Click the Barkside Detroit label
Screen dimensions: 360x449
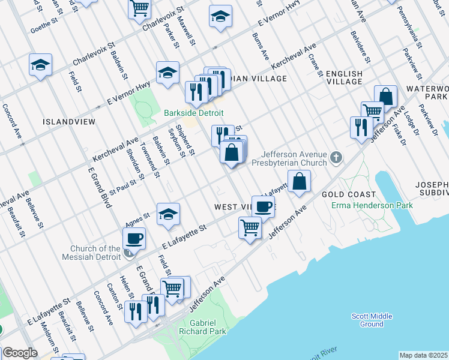(x=194, y=113)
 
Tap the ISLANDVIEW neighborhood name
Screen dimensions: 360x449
(x=67, y=121)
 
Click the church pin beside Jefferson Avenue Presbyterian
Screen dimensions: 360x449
(x=336, y=158)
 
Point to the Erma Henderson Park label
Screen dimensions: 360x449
(x=372, y=206)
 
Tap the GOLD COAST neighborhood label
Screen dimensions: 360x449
(x=348, y=194)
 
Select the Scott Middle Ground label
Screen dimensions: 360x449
(x=372, y=320)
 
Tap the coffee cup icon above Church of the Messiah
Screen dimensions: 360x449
(x=134, y=238)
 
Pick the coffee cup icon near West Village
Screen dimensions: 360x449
(x=262, y=206)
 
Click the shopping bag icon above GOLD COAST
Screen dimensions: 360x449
(x=299, y=181)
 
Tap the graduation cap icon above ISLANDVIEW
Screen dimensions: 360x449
(x=40, y=65)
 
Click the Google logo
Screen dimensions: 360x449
(x=20, y=353)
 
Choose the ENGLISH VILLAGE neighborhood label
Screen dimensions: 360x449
(x=344, y=78)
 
